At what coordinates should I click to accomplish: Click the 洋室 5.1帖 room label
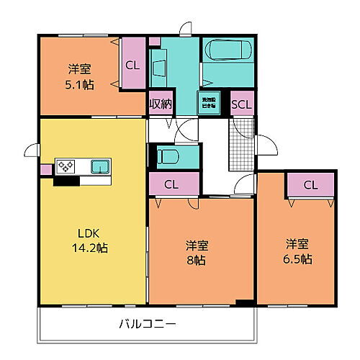tap(78, 76)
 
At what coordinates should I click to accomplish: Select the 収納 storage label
tap(160, 104)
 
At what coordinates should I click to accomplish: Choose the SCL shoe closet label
tap(241, 104)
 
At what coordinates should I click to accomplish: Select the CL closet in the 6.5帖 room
tap(310, 185)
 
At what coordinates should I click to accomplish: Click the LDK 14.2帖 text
tap(92, 240)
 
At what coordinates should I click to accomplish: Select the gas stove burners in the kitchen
tap(66, 166)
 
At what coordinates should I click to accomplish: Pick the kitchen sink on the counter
tap(99, 167)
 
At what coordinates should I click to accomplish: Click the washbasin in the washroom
tap(160, 66)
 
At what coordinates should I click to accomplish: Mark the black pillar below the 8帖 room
tap(246, 302)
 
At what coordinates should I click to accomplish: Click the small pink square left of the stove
tap(46, 170)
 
